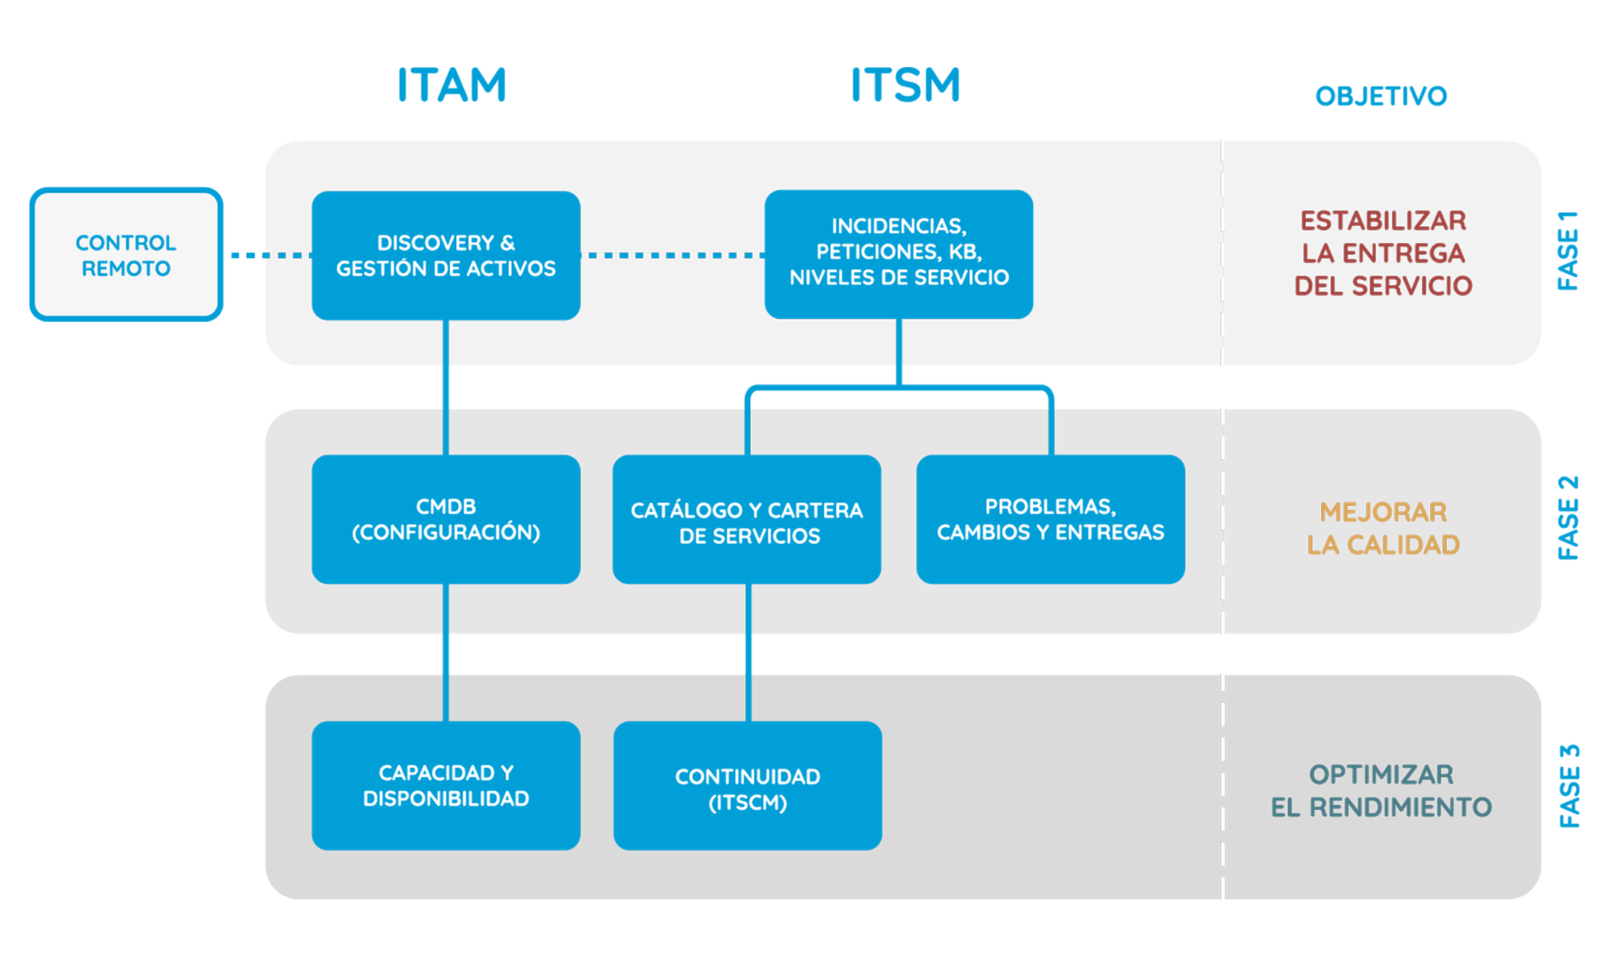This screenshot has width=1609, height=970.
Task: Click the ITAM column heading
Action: click(452, 84)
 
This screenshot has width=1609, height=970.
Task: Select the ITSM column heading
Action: click(906, 84)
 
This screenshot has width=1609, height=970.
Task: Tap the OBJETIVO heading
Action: click(1381, 97)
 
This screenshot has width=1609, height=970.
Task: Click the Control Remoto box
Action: click(126, 255)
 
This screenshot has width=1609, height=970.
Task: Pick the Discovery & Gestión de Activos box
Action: click(446, 256)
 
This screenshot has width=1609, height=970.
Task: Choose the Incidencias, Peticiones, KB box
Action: click(899, 254)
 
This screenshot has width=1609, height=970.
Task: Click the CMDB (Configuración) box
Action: click(446, 519)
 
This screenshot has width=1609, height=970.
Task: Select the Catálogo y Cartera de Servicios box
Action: click(747, 519)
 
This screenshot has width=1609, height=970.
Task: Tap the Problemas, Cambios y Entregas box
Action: click(1050, 519)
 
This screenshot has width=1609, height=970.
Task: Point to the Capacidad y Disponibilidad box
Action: click(446, 785)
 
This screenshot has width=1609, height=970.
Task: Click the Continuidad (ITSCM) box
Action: click(747, 785)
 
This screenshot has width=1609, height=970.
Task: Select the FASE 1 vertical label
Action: click(1568, 251)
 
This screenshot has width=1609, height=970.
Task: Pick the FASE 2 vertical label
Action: click(1568, 517)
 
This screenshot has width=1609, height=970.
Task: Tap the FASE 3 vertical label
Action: click(1568, 786)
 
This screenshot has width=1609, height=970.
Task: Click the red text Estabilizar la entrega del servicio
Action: click(1383, 253)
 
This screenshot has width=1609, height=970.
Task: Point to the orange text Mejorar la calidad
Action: click(1383, 528)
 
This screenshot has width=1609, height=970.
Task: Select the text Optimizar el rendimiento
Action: click(1381, 790)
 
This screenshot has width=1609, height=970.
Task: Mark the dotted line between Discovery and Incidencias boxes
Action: click(673, 256)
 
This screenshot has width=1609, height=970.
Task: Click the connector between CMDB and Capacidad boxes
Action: click(446, 652)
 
